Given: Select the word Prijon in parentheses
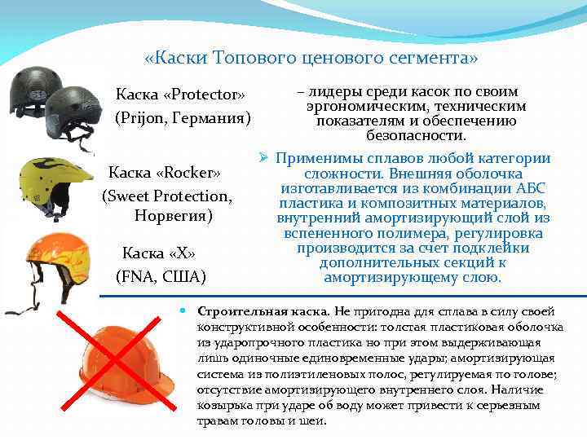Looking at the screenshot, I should pyautogui.click(x=148, y=118).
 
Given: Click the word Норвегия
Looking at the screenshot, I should pyautogui.click(x=172, y=217).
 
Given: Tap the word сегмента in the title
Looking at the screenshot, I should pyautogui.click(x=433, y=59).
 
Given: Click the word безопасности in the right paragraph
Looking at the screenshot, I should pyautogui.click(x=416, y=135).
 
